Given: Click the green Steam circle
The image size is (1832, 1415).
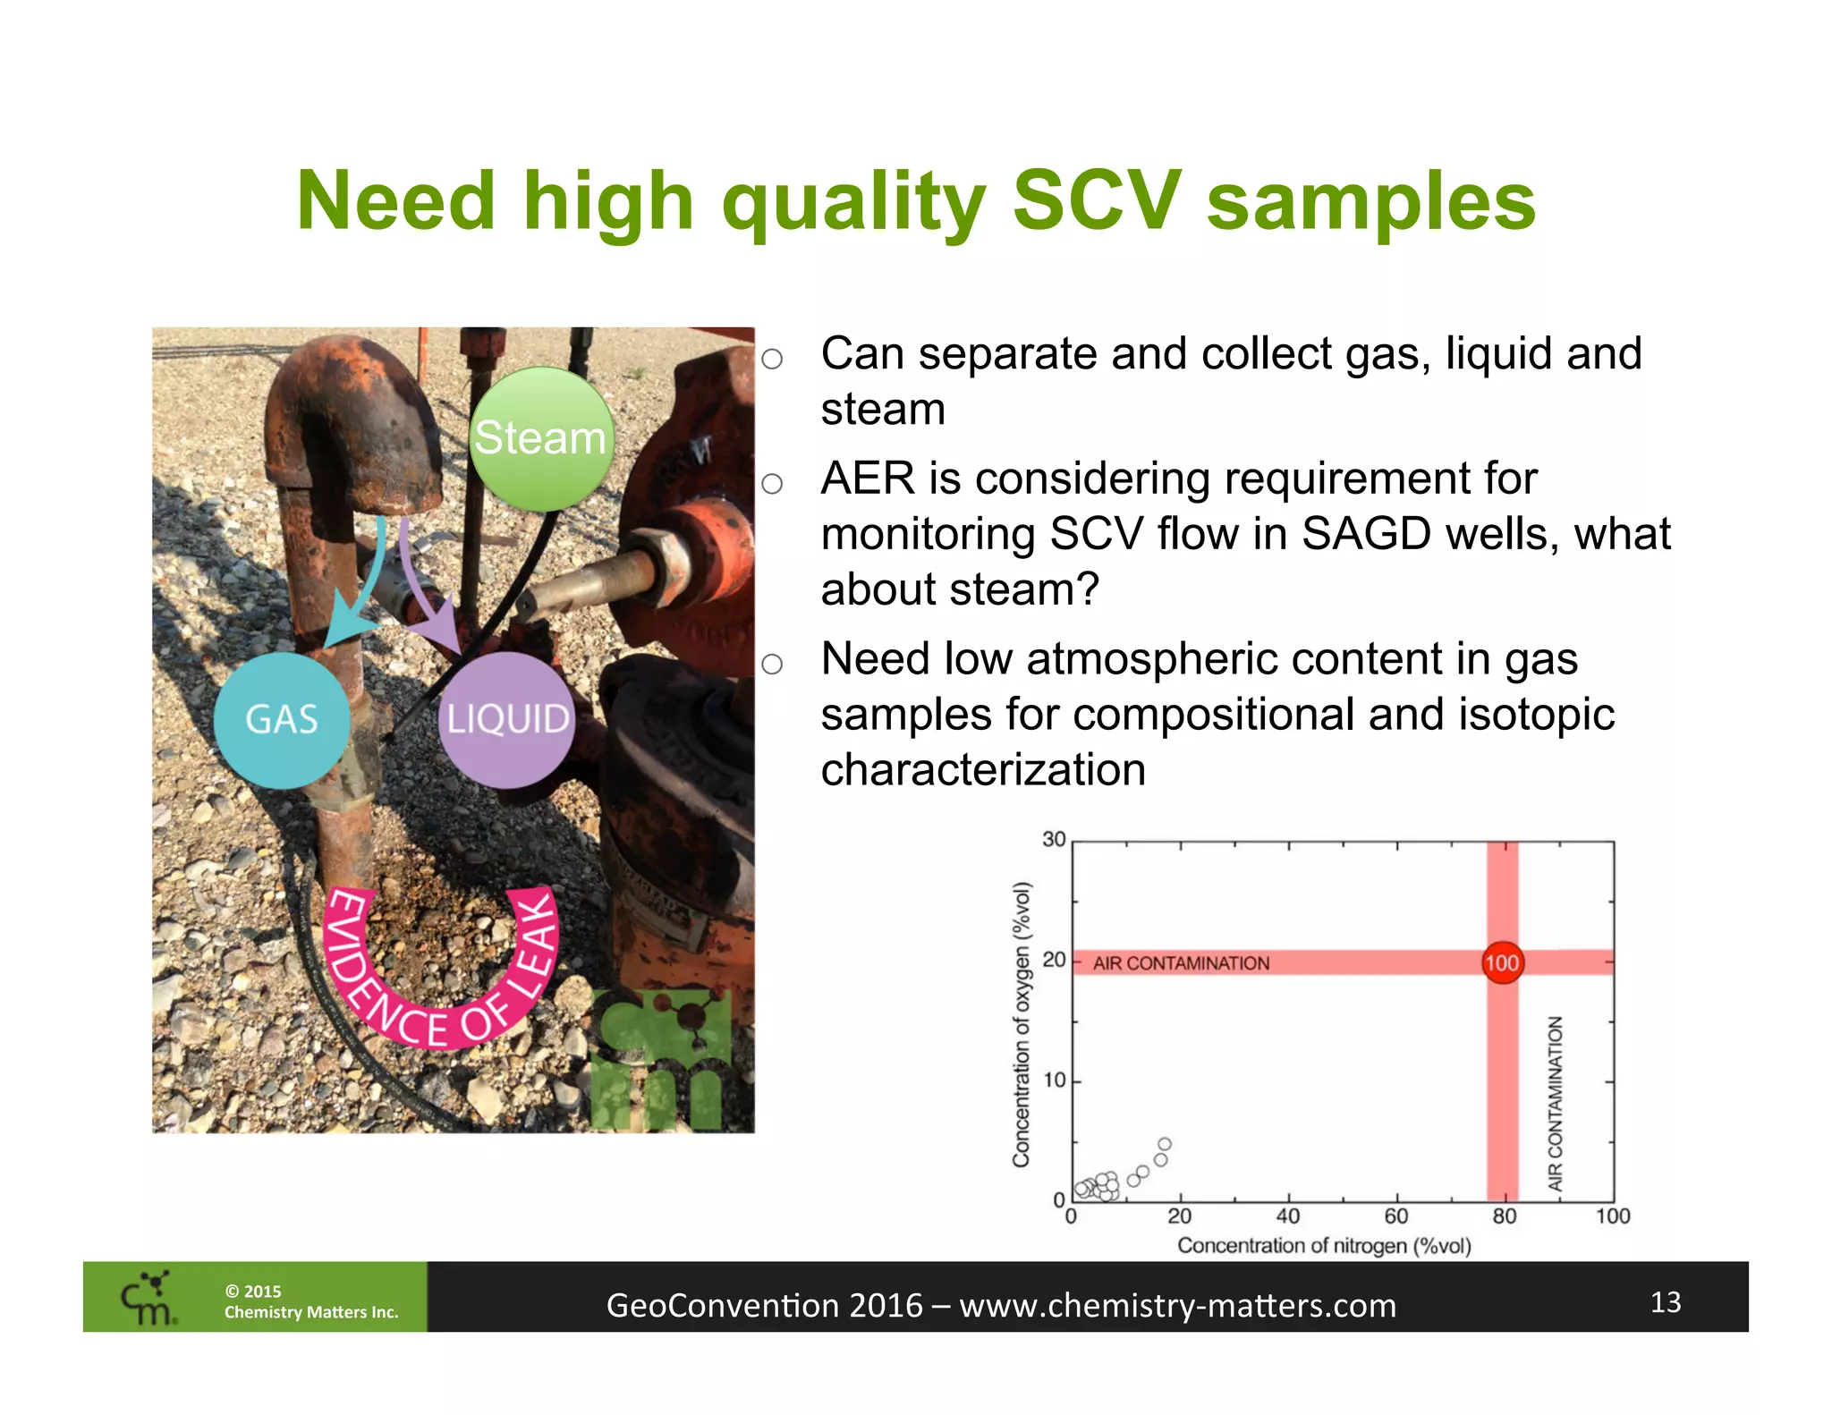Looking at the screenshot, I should [541, 438].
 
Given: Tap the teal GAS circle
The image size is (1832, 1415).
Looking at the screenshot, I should [282, 720].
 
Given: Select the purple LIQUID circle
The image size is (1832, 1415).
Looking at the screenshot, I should [507, 720].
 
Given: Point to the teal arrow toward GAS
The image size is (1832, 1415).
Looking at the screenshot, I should [358, 590].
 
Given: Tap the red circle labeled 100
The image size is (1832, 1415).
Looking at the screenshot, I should [1502, 963].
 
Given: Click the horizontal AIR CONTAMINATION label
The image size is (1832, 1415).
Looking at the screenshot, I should [1181, 963].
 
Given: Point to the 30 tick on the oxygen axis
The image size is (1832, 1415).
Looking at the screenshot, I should [1054, 840].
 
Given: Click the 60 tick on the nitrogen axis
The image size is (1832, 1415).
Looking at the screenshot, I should [1395, 1216].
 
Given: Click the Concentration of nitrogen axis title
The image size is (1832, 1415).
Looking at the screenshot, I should [1324, 1246].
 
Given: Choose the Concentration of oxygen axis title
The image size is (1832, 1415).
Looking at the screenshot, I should [1022, 1024].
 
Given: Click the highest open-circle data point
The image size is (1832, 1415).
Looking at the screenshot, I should [1164, 1144].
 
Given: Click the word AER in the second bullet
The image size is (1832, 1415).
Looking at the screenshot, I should [868, 479].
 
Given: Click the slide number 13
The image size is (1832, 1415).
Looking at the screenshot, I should [1665, 1302].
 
